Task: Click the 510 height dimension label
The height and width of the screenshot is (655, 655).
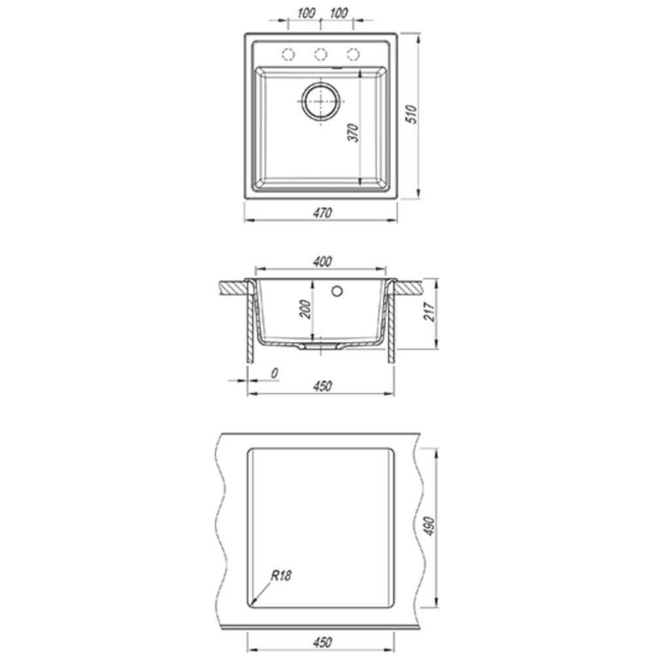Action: point(412,114)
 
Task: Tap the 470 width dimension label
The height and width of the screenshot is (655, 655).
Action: point(322,213)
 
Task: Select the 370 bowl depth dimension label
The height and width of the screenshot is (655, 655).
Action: point(354,132)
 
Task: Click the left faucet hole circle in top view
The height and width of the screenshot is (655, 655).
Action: point(288,54)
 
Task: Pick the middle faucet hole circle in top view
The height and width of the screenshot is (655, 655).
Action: point(320,54)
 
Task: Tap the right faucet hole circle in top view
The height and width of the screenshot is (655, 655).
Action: point(353,54)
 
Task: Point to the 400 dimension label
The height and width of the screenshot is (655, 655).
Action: point(322,262)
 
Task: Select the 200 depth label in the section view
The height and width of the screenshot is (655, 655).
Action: point(306,309)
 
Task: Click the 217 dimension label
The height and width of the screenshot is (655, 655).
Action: point(430,312)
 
